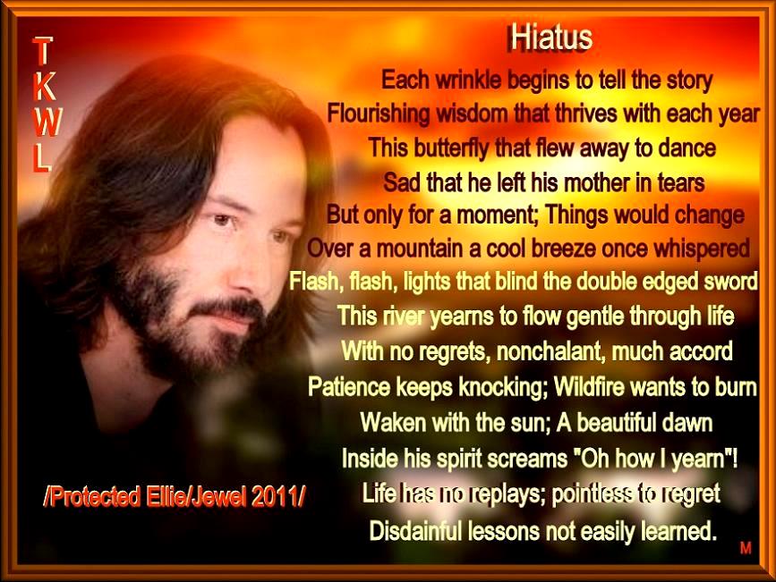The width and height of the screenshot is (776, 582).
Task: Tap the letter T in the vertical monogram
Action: coord(41,51)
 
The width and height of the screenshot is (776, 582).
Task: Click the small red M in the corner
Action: coord(746,548)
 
